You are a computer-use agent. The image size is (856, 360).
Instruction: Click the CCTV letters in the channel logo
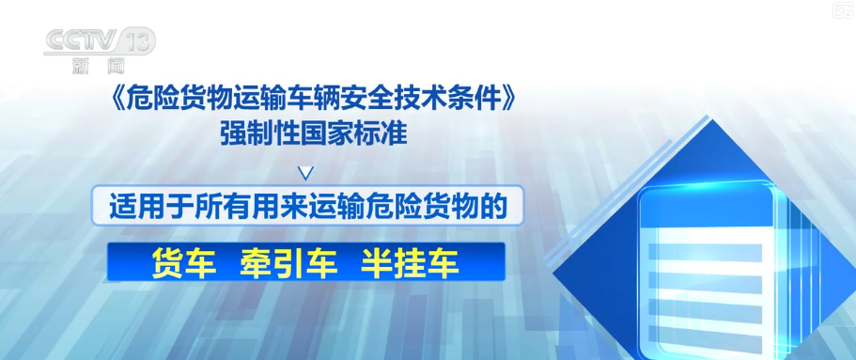point(82,41)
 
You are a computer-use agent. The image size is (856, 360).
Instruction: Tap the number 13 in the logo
point(137,41)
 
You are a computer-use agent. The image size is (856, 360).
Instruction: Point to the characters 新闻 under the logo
point(99,66)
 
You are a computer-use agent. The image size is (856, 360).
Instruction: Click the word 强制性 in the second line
point(256,133)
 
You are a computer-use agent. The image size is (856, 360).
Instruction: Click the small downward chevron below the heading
point(307,173)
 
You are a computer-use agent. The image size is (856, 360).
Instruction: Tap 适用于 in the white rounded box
point(144,207)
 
